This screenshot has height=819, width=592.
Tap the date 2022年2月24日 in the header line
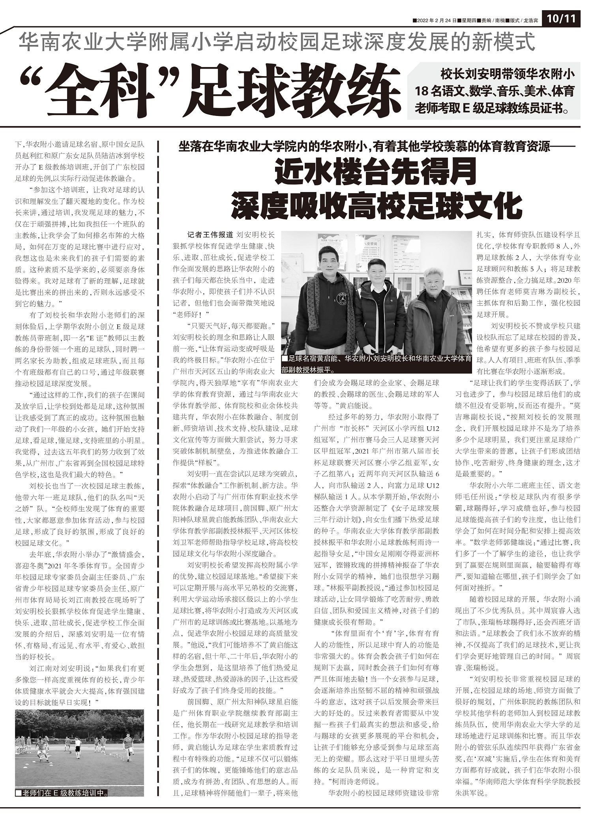point(437,20)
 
